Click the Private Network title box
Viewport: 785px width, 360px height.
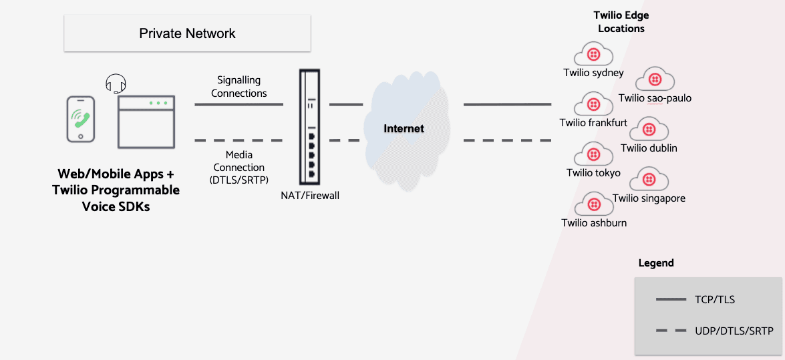(187, 33)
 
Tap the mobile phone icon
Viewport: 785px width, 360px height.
(80, 119)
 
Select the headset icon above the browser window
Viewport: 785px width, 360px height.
(116, 83)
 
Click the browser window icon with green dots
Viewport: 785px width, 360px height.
(147, 122)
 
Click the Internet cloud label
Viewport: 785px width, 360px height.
(404, 128)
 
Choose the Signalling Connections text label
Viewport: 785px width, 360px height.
(239, 87)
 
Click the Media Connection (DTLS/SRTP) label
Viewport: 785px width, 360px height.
(239, 167)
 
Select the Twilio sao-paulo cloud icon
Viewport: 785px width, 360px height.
(655, 79)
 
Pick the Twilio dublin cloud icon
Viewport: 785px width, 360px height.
(649, 130)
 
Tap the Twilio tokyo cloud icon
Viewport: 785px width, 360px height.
(593, 154)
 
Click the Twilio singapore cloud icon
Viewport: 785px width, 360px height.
(649, 180)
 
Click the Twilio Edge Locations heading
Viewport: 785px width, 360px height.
(621, 22)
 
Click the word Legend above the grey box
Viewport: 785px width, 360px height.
(656, 263)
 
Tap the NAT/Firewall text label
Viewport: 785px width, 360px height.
(310, 196)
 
